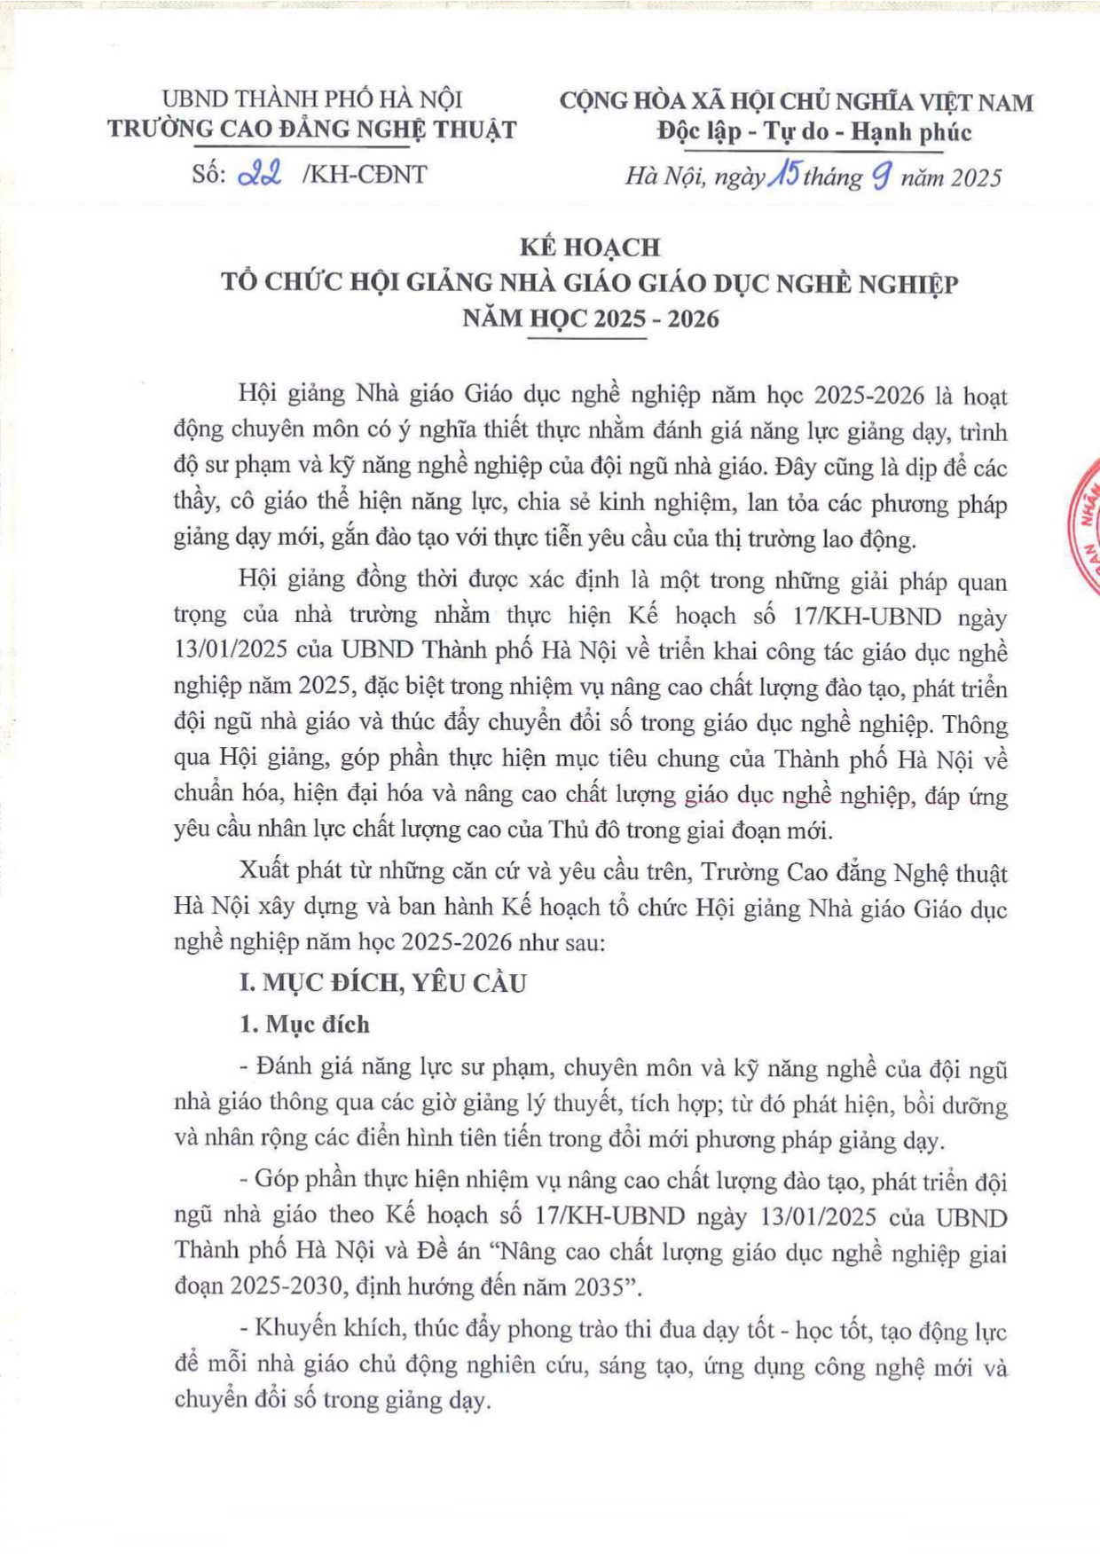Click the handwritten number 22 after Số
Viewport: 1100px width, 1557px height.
[x=260, y=174]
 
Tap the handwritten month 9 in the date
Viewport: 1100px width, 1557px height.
[x=881, y=177]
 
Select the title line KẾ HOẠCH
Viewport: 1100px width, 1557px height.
[x=590, y=247]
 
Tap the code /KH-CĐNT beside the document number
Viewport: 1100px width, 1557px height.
[x=365, y=175]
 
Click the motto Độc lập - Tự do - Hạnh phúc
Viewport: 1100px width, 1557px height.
[x=813, y=132]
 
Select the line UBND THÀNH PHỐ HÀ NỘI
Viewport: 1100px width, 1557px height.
[x=312, y=99]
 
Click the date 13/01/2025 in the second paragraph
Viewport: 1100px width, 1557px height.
[x=232, y=652]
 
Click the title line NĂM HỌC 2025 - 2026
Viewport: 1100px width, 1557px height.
[x=590, y=318]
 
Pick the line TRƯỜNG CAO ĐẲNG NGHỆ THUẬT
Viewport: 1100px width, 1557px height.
[x=312, y=130]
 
